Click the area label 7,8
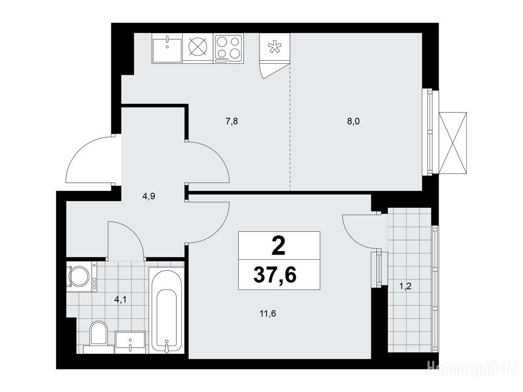(232, 121)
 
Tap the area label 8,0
(353, 121)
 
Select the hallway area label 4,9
(149, 197)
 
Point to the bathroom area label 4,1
(121, 300)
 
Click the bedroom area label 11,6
(268, 313)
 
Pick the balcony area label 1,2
(405, 286)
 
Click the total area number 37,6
(275, 275)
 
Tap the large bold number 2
(278, 247)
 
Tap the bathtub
(167, 310)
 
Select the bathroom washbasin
(130, 341)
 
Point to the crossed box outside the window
(453, 143)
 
